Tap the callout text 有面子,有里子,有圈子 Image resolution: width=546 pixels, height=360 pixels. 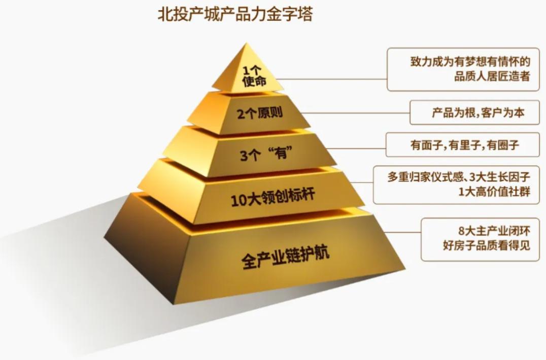[465, 146]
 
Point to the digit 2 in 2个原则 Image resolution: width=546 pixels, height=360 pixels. [240, 114]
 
